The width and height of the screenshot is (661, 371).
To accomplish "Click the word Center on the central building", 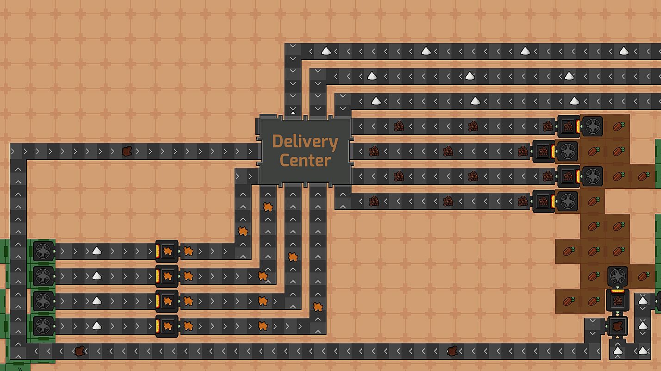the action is pos(305,161).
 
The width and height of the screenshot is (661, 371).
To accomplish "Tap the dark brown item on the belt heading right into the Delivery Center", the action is pos(127,151).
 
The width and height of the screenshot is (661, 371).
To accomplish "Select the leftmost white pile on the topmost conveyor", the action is pos(326,51).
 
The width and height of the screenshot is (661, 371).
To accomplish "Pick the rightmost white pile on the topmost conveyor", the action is pos(624,51).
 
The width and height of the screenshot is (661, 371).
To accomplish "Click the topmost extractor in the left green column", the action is pos(43,251).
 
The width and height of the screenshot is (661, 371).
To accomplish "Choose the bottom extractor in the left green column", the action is pos(43,326).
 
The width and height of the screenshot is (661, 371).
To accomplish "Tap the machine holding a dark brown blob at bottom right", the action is pos(618,326).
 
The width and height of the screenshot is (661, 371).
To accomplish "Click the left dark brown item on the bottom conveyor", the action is pos(80,351).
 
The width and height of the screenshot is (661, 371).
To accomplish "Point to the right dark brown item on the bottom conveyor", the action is pos(452,351).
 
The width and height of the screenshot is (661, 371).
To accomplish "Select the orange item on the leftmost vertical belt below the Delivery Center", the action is pos(243,231).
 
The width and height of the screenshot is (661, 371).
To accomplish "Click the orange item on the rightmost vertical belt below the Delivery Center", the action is pos(318,307).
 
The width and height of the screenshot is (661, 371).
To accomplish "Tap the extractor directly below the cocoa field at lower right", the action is pos(618,276).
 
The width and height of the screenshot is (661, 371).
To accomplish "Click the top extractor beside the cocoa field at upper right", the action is pos(593,126).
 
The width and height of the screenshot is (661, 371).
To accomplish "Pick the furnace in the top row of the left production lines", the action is pos(167,251).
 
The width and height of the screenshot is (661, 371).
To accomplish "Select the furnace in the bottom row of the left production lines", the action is pos(167,326).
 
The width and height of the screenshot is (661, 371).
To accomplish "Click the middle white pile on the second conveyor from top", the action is pos(470,76).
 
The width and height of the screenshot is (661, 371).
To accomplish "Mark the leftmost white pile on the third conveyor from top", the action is pos(376,101).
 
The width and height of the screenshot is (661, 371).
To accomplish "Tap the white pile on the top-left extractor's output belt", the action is pos(97,251).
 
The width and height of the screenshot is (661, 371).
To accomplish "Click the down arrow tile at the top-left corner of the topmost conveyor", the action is pos(293,47).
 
